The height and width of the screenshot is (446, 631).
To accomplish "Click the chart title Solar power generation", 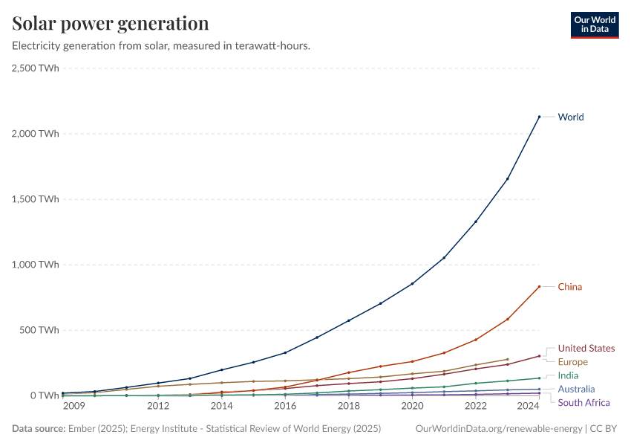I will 111,24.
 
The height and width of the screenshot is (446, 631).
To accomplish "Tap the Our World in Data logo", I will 595,25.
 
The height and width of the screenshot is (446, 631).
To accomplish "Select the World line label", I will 570,117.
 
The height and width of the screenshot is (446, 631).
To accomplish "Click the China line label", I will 569,287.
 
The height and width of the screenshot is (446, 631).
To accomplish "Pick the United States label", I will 586,348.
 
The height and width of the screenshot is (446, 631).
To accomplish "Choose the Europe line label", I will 572,362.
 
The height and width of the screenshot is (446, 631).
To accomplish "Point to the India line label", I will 568,375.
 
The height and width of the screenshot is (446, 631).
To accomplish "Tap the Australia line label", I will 576,389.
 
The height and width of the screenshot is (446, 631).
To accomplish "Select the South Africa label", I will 583,403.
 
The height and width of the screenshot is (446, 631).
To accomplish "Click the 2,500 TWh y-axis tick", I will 36,68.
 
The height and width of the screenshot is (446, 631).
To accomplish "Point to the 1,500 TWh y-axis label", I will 36,199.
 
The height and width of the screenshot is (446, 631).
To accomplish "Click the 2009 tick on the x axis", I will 73,406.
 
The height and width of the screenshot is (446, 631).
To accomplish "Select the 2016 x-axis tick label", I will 285,406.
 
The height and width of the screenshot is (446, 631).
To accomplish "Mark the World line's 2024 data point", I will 539,117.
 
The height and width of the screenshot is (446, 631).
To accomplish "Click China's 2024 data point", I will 539,286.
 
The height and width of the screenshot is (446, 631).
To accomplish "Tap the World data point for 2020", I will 412,283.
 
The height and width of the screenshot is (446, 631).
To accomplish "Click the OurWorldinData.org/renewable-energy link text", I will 499,429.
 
